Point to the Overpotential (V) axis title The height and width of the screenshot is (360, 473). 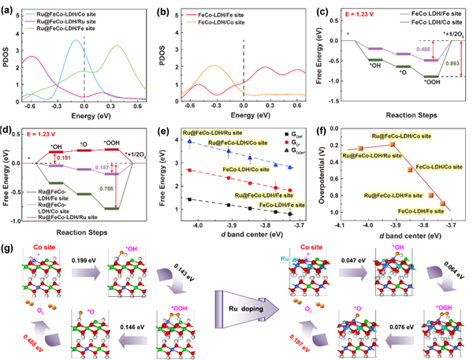325,169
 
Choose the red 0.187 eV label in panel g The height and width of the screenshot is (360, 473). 296,331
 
